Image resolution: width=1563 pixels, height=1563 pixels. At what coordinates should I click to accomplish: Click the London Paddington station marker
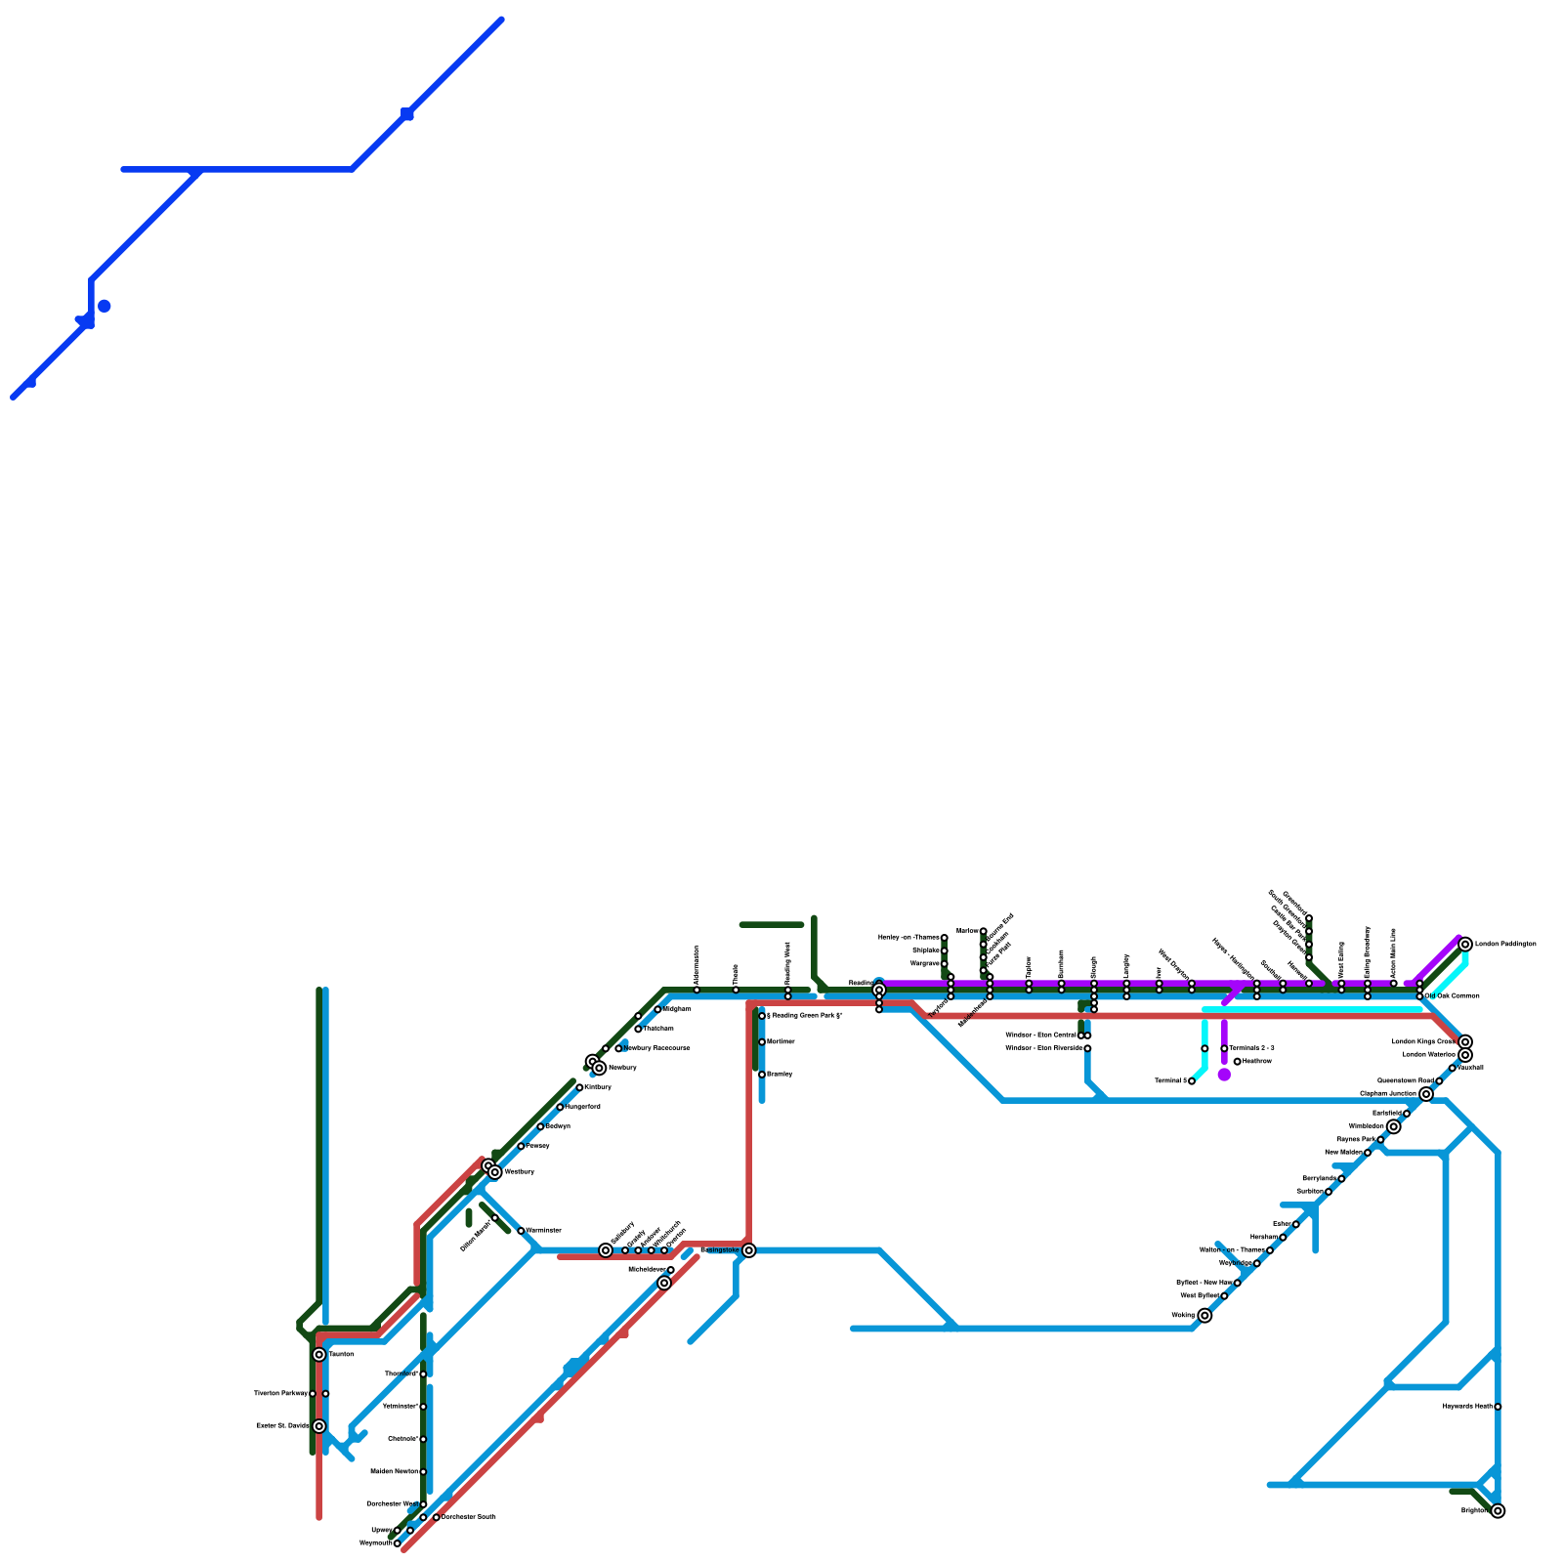[1465, 944]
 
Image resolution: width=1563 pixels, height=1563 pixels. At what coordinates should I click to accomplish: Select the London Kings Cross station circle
[1465, 1042]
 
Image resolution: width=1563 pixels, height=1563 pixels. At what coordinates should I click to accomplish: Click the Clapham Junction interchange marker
[1426, 1094]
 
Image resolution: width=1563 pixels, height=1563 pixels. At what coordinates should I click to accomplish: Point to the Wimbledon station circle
[1393, 1126]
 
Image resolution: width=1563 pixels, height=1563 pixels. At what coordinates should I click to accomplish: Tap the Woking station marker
[1204, 1316]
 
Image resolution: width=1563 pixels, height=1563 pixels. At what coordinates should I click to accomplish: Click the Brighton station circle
[1498, 1511]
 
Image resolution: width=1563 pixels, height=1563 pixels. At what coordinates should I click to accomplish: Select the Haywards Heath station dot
[1498, 1407]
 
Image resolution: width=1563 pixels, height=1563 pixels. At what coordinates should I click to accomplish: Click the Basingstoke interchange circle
[748, 1250]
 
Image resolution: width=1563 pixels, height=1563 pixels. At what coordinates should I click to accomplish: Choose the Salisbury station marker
[606, 1250]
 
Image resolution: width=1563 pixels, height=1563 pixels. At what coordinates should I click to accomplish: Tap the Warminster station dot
[521, 1231]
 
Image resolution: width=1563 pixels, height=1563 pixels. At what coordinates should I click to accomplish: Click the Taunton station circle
[319, 1355]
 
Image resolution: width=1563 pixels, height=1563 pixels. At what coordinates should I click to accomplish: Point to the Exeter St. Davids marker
[319, 1426]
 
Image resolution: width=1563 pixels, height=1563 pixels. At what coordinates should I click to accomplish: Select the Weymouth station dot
[397, 1543]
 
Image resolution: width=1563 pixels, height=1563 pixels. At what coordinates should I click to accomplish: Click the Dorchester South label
[468, 1517]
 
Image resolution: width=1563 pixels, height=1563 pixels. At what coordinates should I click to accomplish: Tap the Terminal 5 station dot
[1192, 1081]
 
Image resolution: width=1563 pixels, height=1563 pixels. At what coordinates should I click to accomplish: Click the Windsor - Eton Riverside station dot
[1087, 1048]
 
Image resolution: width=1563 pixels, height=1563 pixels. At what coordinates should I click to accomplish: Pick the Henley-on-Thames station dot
[944, 938]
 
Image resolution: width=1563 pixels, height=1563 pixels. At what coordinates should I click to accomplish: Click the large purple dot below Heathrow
[1224, 1075]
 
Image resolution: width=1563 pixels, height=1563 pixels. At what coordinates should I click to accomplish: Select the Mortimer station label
[781, 1042]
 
